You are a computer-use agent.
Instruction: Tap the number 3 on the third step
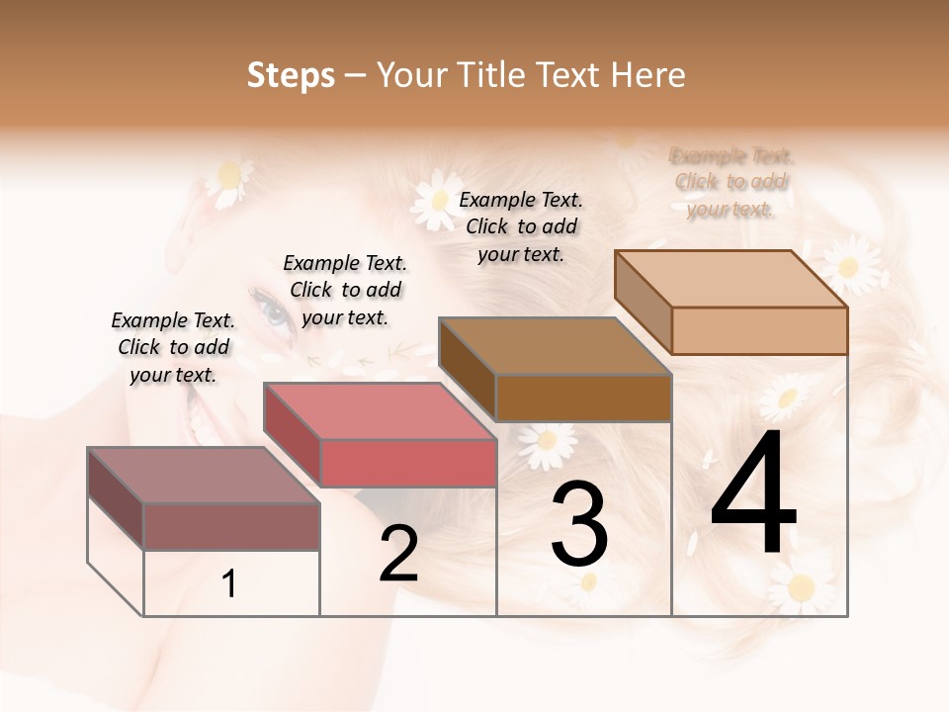579,524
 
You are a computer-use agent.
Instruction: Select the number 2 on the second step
398,554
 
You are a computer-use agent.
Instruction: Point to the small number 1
229,583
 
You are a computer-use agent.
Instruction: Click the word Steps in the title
291,75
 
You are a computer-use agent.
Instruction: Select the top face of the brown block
556,346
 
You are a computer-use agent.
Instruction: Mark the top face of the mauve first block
203,476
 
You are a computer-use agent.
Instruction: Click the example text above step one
174,347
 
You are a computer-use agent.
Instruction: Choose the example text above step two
345,290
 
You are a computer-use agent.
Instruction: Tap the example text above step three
522,226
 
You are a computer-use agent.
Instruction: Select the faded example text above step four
733,182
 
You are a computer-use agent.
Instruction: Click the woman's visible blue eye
274,312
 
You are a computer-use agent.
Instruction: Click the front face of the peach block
759,330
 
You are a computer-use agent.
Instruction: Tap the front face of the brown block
583,398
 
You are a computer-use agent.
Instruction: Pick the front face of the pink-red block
407,463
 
